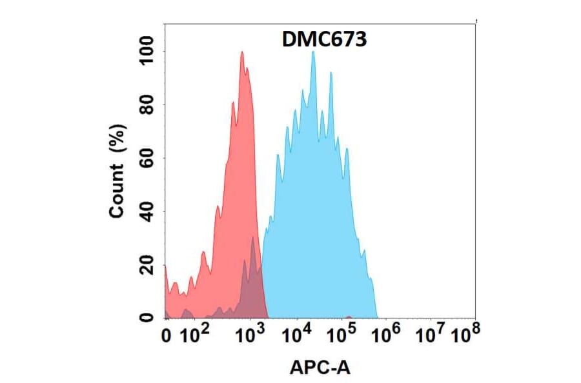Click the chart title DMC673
[x=325, y=41]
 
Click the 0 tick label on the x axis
[x=167, y=336]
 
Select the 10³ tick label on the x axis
[x=249, y=335]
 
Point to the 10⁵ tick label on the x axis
[x=342, y=335]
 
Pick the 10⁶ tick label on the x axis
[x=387, y=335]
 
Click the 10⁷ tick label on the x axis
[x=431, y=335]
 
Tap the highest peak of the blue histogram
[x=313, y=52]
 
